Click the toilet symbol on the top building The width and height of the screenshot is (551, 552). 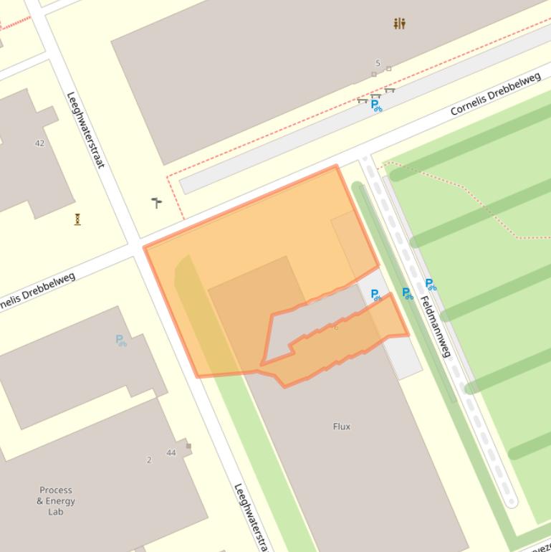[x=399, y=24]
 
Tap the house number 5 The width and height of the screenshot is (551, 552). [x=378, y=64]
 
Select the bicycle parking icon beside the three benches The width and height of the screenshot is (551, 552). [x=375, y=106]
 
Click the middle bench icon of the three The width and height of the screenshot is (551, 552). [x=376, y=95]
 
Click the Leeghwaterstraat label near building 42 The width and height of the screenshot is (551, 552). [x=85, y=130]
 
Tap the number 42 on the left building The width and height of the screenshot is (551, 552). [x=39, y=143]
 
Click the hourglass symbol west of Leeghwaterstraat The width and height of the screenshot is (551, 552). [x=77, y=219]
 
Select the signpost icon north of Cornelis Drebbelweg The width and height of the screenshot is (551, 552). [x=157, y=203]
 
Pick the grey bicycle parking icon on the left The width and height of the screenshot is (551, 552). [x=121, y=341]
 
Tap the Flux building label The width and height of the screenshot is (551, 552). [x=342, y=427]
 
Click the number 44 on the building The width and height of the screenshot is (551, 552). [x=171, y=452]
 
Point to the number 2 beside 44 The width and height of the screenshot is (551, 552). [x=149, y=460]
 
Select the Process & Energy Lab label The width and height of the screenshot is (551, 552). [x=56, y=501]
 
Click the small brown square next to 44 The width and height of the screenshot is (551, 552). [x=188, y=446]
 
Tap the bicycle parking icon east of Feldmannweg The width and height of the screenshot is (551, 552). [x=430, y=285]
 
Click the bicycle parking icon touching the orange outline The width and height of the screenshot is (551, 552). [x=375, y=295]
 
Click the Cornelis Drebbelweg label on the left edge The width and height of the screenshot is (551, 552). [x=36, y=293]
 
